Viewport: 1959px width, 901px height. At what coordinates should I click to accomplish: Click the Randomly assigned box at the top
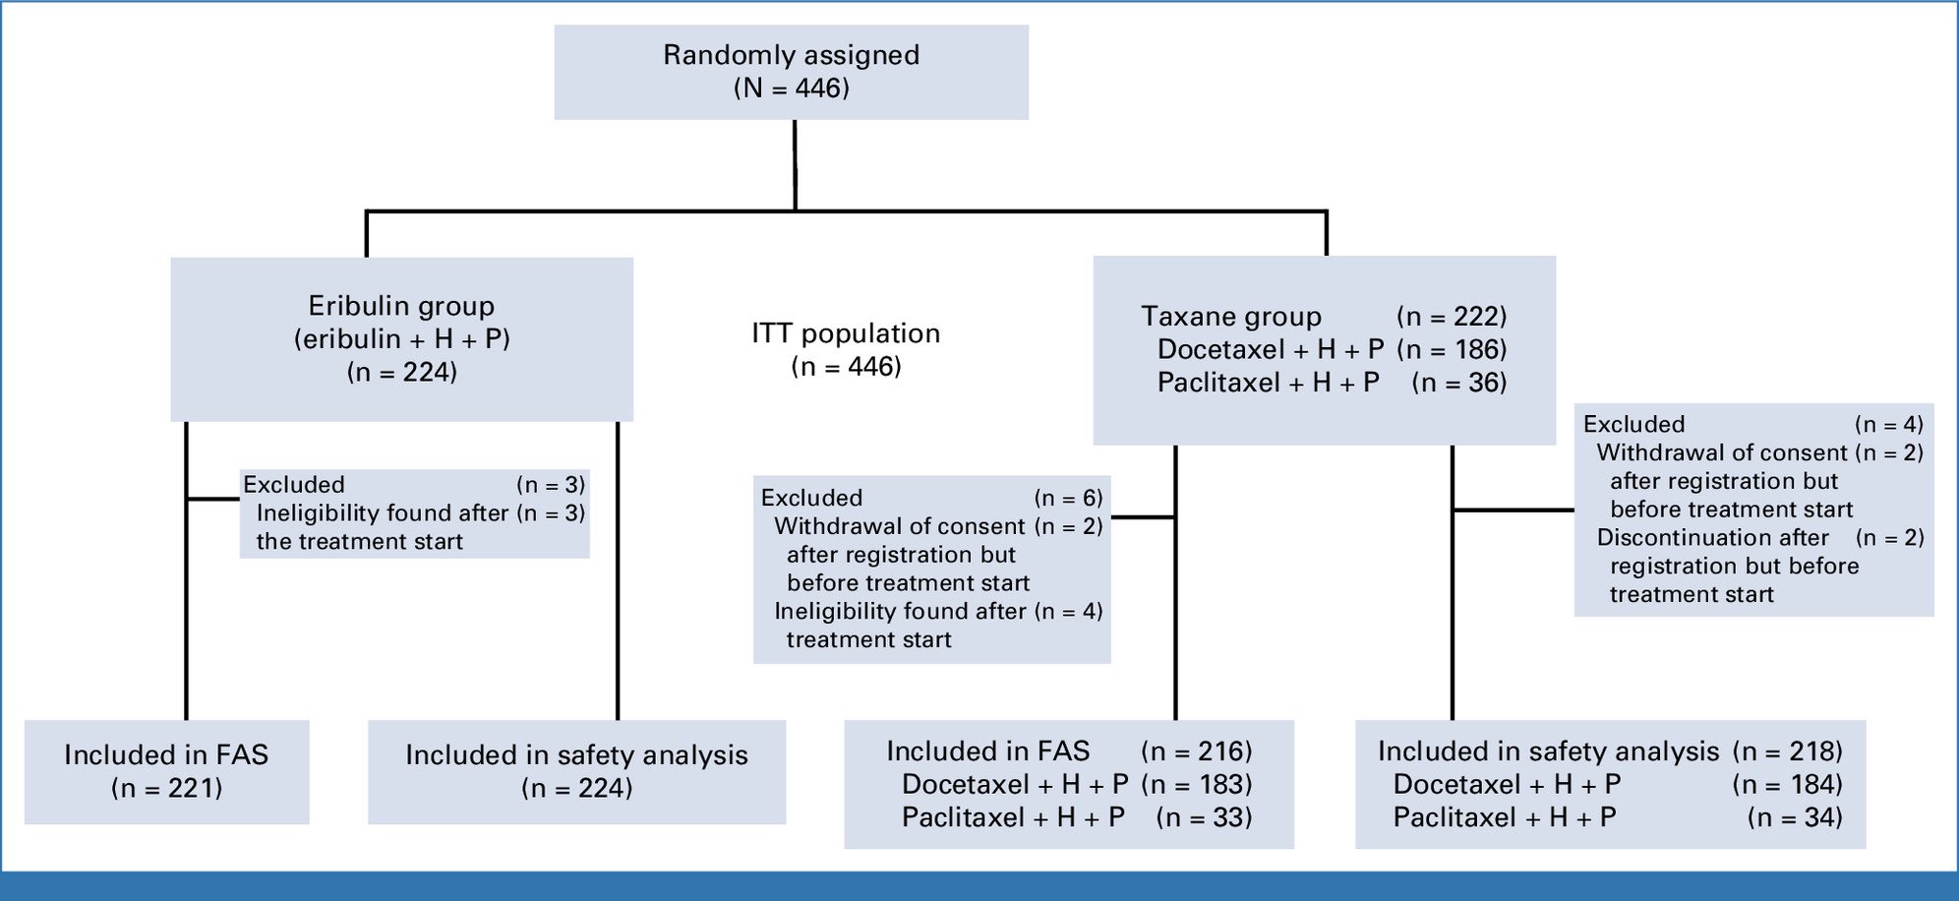tap(792, 72)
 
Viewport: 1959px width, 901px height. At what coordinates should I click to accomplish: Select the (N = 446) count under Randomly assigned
tap(792, 89)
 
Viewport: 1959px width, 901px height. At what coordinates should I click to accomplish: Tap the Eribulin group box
tap(401, 339)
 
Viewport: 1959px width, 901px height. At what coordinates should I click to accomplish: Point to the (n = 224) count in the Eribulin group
tap(401, 372)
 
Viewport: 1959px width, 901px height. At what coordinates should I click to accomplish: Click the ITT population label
tap(846, 333)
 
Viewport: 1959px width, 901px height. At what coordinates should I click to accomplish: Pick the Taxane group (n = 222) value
tap(1452, 317)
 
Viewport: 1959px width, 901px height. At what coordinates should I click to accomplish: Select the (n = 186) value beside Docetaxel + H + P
tap(1452, 349)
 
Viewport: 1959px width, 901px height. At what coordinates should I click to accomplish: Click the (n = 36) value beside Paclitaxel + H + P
tap(1459, 383)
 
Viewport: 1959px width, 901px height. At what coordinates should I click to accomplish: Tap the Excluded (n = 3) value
tap(551, 485)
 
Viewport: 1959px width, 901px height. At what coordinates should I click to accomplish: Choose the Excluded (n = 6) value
tap(1068, 498)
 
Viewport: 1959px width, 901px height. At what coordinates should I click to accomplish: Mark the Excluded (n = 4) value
tap(1889, 424)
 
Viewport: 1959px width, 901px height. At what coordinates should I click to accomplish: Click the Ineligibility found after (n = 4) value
tap(1068, 611)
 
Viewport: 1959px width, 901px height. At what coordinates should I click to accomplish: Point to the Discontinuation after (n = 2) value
tap(1889, 537)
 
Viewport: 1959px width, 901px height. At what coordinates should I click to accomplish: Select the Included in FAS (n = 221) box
tap(166, 772)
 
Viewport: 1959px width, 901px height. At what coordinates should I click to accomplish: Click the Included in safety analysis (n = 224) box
tap(576, 772)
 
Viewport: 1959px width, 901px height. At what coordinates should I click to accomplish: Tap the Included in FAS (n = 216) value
tap(1197, 751)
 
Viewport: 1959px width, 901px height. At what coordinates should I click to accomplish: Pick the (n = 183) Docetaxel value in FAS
tap(1197, 785)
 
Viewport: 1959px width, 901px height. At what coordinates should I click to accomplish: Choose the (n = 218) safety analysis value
tap(1787, 751)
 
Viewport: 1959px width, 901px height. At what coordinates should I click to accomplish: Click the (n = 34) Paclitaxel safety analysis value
tap(1795, 817)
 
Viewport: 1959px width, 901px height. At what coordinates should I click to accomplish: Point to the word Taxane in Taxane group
tap(1188, 317)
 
